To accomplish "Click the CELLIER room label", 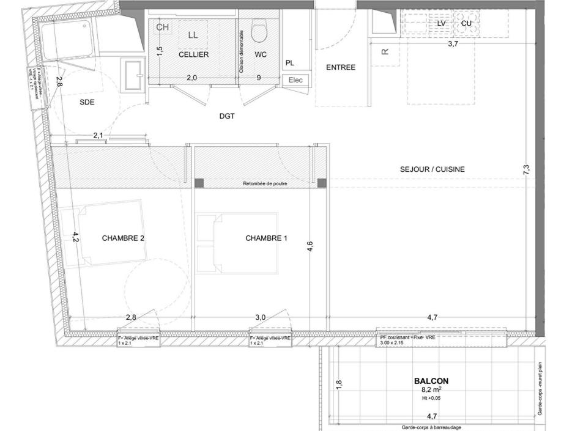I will (193, 55).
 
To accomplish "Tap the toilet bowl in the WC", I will (259, 31).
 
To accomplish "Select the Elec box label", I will (295, 79).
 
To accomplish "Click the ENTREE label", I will (340, 67).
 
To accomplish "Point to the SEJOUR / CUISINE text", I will (432, 169).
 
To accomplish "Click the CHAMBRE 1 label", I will (266, 238).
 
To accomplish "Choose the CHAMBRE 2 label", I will (123, 238).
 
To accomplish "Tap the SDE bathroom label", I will (87, 103).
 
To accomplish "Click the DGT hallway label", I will (227, 116).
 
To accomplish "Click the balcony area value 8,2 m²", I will (431, 389).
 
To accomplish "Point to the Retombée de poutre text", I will (265, 183).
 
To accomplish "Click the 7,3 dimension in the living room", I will (527, 170).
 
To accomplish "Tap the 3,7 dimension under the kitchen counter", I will (453, 45).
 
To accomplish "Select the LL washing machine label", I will (193, 35).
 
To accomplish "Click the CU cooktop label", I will (466, 23).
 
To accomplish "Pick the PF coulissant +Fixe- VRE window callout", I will (407, 337).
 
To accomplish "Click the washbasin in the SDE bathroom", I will (132, 75).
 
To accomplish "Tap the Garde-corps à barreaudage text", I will (431, 427).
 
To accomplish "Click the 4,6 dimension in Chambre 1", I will (310, 246).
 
